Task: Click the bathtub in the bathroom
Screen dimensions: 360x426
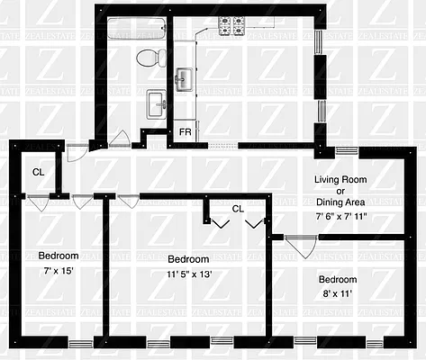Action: coord(137,29)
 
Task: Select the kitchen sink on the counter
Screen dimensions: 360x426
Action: coord(184,79)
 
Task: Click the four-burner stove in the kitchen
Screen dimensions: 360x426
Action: coord(233,26)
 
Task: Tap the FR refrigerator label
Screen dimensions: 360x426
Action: coord(185,131)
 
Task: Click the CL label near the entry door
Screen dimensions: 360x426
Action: coord(39,171)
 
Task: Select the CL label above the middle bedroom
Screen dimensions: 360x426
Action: coord(238,208)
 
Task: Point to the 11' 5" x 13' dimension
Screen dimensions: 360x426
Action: coord(189,274)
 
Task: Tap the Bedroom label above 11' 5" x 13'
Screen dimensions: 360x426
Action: coord(189,258)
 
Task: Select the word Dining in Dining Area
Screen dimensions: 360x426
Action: coord(338,203)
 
